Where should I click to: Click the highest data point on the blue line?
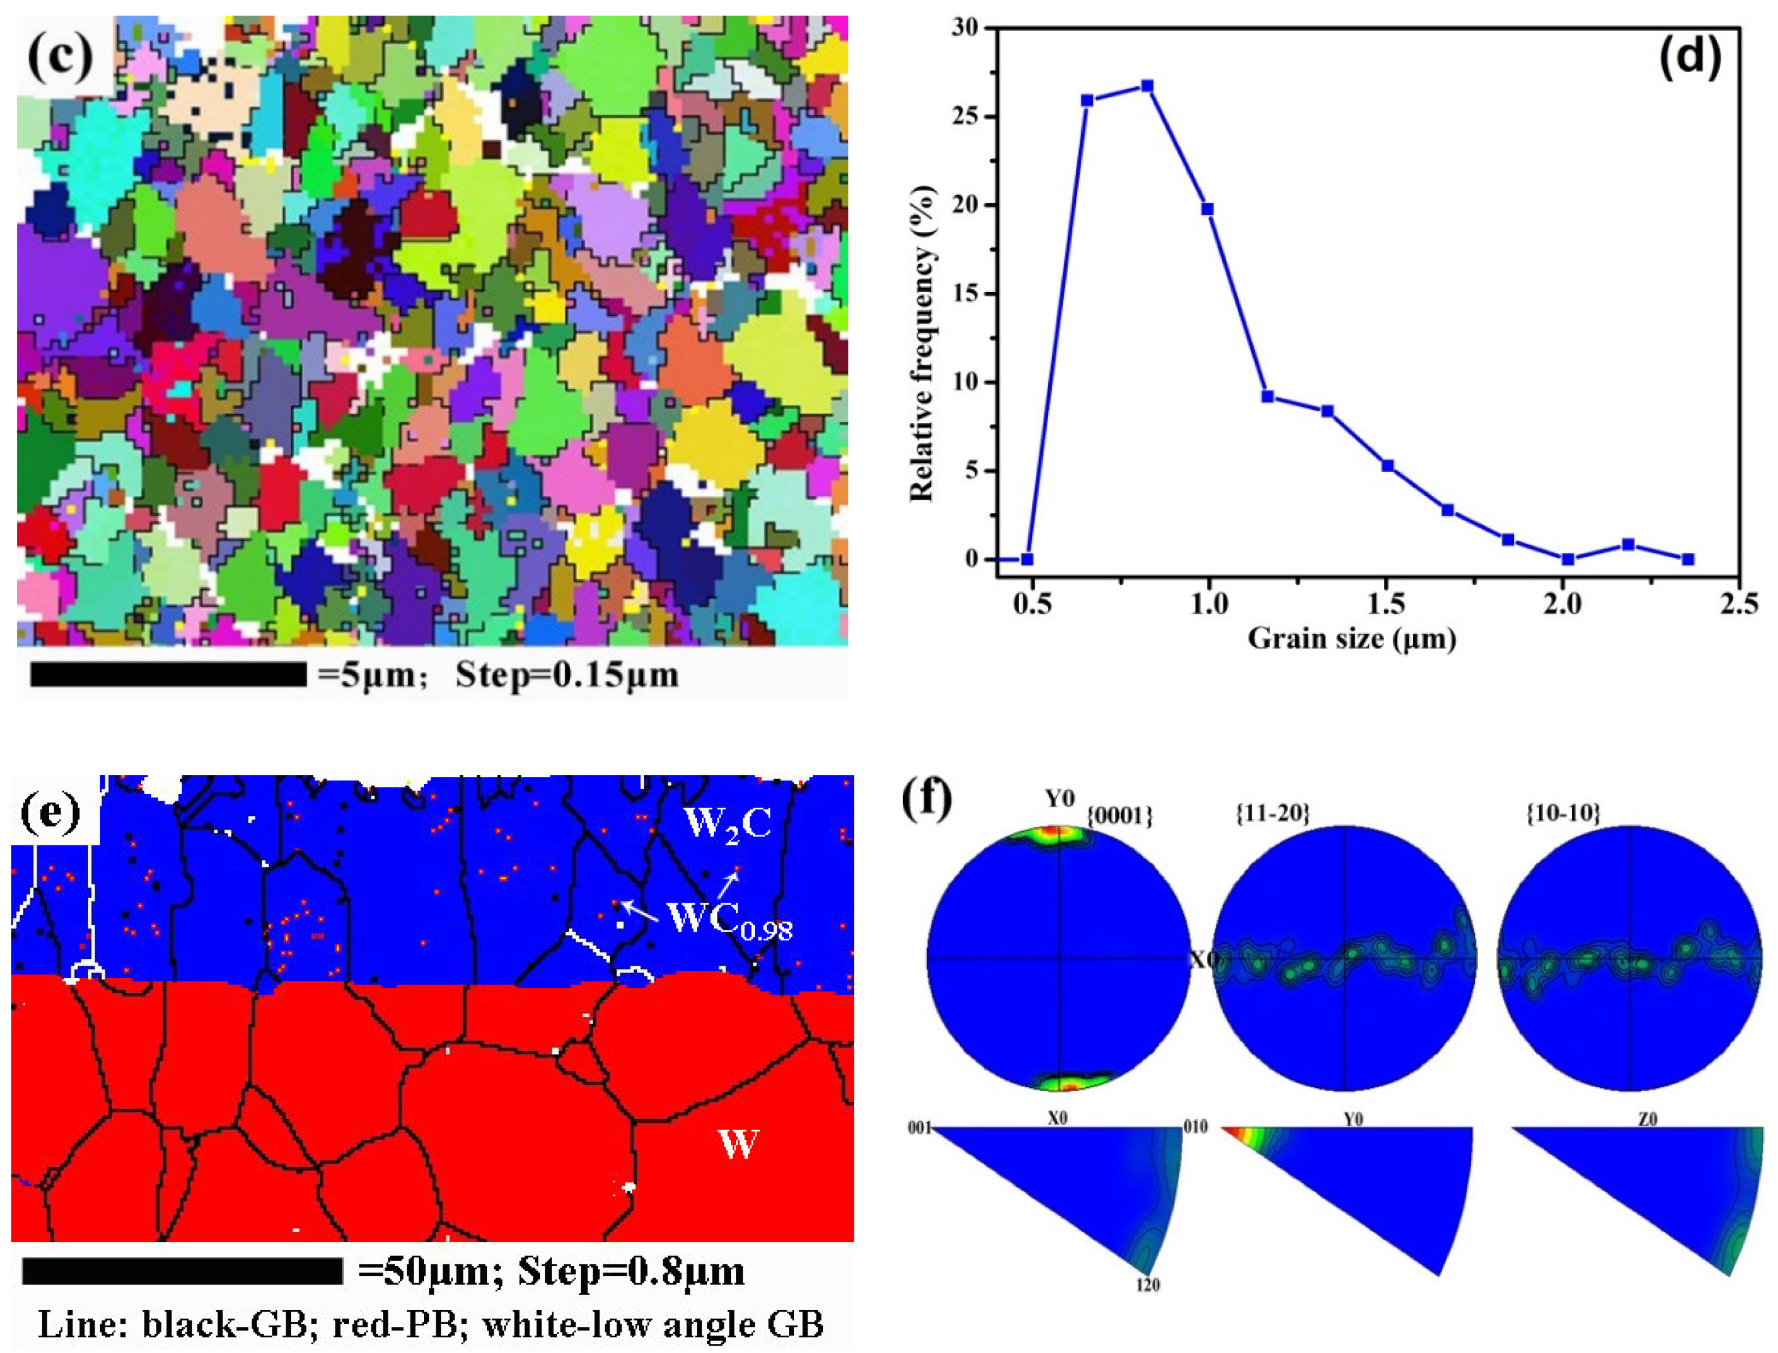[1147, 86]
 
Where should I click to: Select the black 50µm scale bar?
[183, 1272]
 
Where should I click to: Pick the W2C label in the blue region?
[727, 822]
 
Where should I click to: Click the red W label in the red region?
[737, 1143]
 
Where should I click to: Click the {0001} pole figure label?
[1119, 816]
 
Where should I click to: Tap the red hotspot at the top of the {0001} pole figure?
[1055, 832]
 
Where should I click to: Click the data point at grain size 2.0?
[1567, 559]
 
